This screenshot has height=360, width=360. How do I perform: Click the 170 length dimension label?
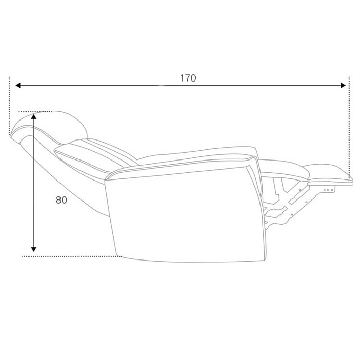tap(188, 78)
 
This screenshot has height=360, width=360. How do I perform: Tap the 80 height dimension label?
tap(62, 200)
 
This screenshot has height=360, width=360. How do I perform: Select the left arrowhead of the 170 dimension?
tap(18, 86)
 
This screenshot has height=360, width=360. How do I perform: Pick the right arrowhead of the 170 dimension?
tap(343, 86)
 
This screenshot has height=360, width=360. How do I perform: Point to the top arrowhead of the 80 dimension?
tap(34, 116)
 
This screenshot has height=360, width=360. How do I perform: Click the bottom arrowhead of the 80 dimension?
tap(34, 249)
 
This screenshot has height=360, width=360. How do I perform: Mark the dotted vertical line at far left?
tap(9, 106)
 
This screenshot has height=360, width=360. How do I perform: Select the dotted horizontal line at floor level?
tap(72, 256)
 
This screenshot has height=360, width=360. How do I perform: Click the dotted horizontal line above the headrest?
tap(35, 112)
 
